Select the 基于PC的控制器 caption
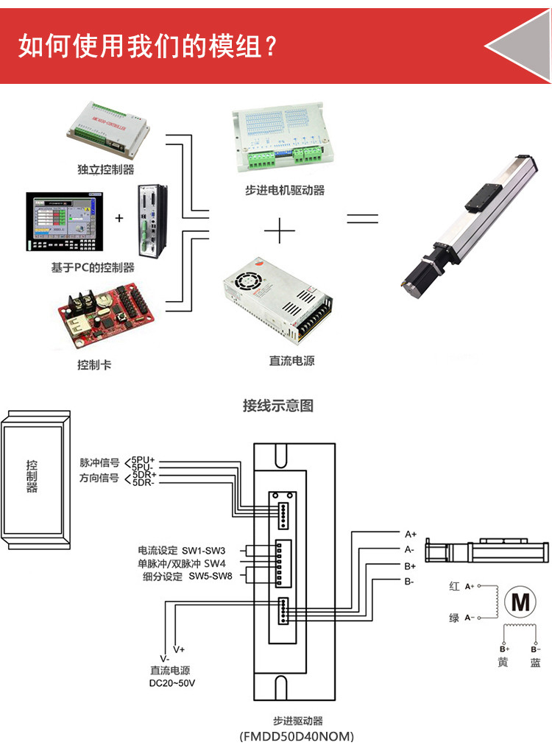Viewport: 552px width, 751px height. coord(93,267)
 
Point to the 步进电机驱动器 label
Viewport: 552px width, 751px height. coord(285,191)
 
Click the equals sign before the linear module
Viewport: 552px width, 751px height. coord(362,219)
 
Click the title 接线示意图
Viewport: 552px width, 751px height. coord(277,406)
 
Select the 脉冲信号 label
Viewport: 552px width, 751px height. coord(99,463)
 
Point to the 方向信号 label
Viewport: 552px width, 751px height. coord(99,479)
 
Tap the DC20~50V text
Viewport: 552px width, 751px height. coord(172,683)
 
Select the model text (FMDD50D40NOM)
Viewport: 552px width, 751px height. coord(297,736)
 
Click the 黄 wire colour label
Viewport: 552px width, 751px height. coord(503,663)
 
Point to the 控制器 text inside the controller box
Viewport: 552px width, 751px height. coord(32,476)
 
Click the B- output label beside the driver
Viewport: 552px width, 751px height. coord(409,582)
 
